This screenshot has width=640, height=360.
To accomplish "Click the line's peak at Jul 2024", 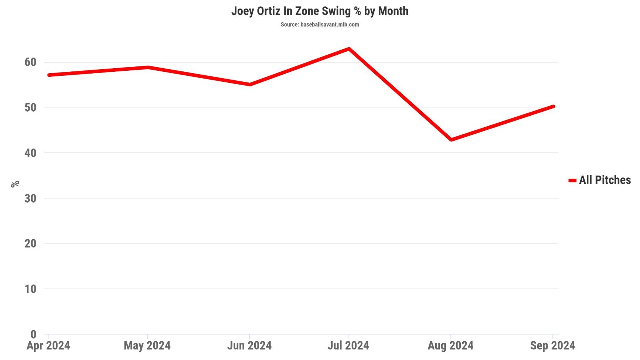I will [349, 49].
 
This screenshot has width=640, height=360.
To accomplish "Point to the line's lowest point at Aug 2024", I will [451, 140].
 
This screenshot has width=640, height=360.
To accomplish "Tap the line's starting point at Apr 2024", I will [49, 75].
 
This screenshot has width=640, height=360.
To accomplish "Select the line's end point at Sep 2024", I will [553, 107].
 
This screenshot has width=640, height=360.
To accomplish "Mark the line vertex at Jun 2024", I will [250, 84].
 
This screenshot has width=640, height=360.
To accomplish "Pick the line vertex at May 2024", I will [148, 67].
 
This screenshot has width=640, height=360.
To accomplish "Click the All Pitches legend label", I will [604, 180].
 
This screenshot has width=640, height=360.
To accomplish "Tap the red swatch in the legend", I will [572, 181].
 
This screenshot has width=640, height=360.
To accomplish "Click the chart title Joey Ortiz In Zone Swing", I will [320, 11].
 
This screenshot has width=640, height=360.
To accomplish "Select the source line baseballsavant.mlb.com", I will [320, 25].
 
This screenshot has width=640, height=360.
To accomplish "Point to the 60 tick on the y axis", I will [31, 62].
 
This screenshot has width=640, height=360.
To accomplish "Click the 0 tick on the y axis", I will [33, 334].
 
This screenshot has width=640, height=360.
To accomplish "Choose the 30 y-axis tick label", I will [31, 198].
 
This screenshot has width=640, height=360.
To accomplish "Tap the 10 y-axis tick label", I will [31, 289].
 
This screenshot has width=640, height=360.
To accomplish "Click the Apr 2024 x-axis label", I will [48, 345].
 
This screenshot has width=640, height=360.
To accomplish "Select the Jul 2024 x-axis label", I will [348, 345].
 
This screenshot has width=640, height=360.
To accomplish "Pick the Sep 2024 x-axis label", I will [552, 345].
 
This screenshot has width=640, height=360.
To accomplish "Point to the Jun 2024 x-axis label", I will [249, 345].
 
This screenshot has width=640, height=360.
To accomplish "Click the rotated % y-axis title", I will [15, 184].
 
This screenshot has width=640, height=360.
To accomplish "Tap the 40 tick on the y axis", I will [31, 153].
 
